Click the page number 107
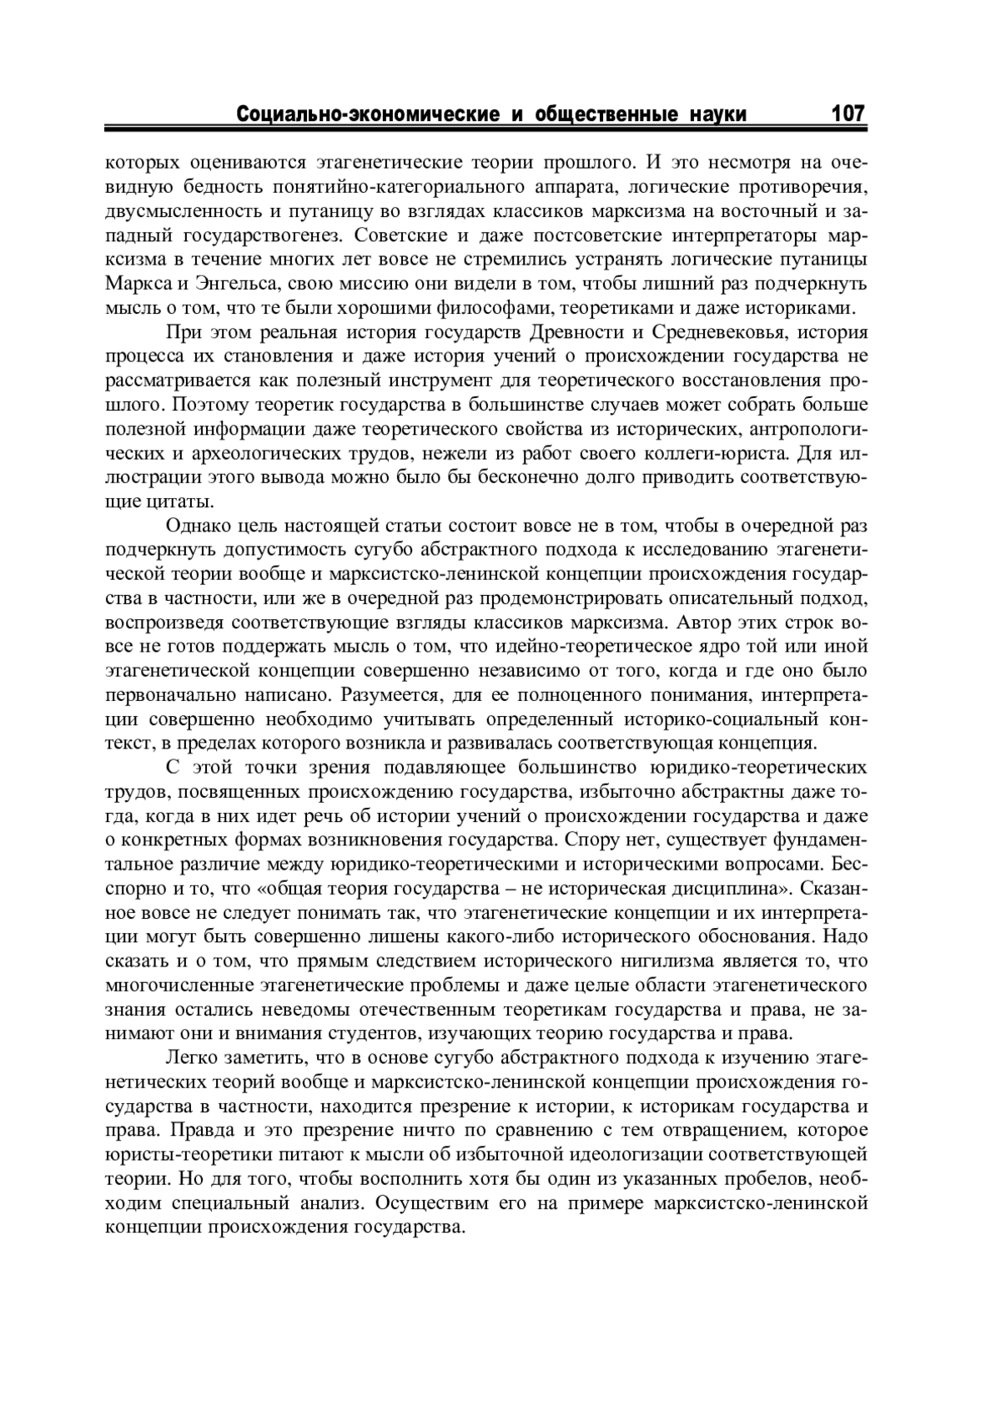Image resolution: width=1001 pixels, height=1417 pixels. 847,113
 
